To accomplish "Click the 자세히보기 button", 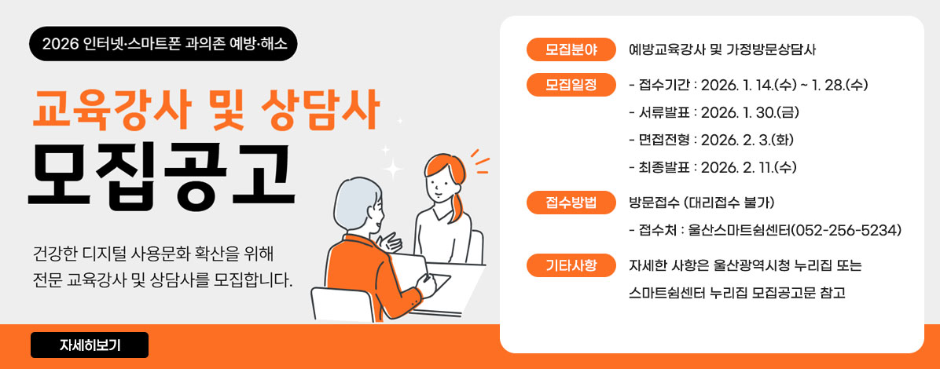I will [x=90, y=345].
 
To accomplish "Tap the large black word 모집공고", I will [x=160, y=173].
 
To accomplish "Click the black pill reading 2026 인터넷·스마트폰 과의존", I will [x=163, y=44].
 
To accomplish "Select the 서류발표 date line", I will [x=714, y=112].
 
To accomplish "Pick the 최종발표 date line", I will [x=714, y=167].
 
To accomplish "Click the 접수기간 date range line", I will [x=748, y=85].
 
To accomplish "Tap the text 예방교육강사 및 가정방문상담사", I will [x=722, y=49].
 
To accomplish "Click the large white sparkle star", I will [x=391, y=167].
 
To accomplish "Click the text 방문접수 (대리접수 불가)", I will [x=702, y=203].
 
